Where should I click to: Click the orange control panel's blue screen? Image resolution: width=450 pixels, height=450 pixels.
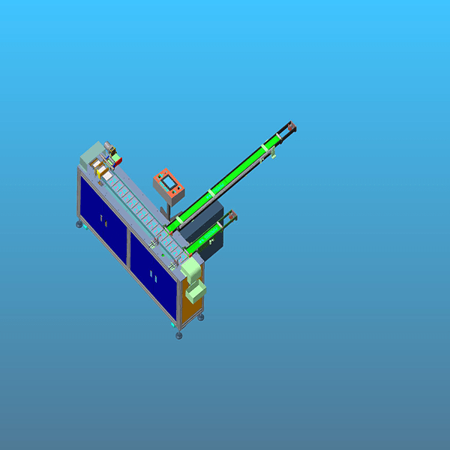(169, 183)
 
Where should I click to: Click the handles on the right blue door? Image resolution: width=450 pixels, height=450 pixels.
(152, 274)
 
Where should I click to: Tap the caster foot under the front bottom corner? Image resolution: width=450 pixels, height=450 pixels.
(178, 335)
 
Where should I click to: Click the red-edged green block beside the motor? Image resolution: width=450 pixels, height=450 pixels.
(115, 158)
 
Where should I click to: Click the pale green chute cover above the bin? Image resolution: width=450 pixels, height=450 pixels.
(191, 267)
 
